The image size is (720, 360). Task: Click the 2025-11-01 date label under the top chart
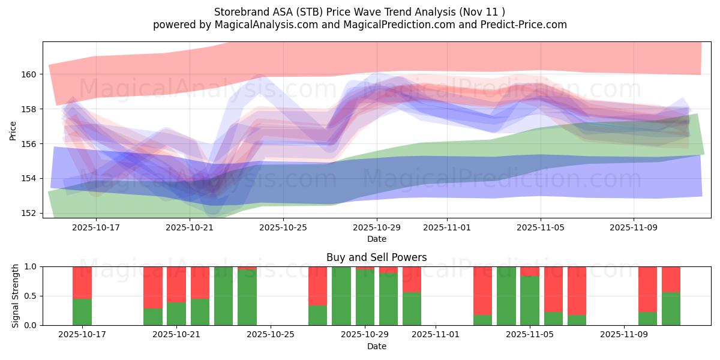pyautogui.click(x=447, y=228)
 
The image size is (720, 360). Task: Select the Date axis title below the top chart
pyautogui.click(x=376, y=239)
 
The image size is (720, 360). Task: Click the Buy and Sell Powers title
pyautogui.click(x=376, y=257)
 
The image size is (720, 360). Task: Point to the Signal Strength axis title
pyautogui.click(x=16, y=296)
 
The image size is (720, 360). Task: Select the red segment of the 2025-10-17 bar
pyautogui.click(x=82, y=282)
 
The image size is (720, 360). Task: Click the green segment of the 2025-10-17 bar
pyautogui.click(x=82, y=312)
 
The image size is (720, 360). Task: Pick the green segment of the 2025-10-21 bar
pyautogui.click(x=176, y=314)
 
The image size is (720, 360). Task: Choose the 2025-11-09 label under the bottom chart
pyautogui.click(x=624, y=335)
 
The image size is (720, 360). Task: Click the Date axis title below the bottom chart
pyautogui.click(x=376, y=346)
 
